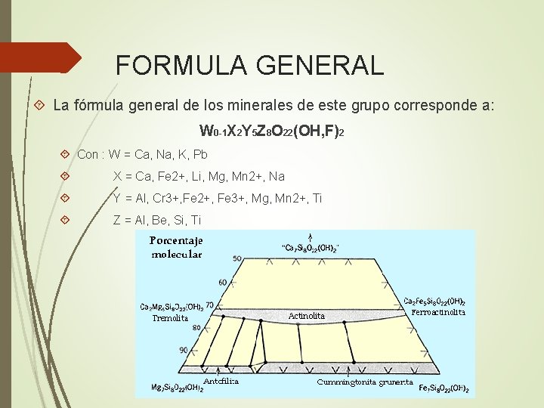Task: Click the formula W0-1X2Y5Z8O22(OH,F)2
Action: point(272,131)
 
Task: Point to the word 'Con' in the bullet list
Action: point(88,155)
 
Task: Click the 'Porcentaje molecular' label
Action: point(176,247)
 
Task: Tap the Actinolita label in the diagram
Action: point(307,316)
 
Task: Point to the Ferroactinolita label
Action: point(439,311)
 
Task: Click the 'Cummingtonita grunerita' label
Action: point(365,382)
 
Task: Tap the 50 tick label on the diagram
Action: point(236,259)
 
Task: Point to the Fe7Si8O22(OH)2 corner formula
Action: point(444,389)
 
